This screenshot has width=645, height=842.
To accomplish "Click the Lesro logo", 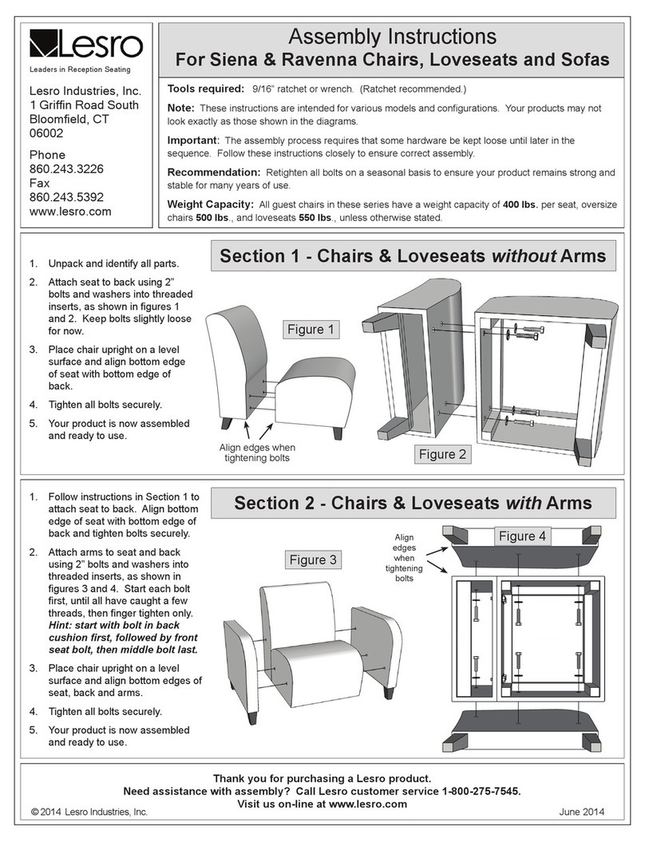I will (85, 45).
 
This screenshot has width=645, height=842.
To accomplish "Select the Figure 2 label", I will (443, 454).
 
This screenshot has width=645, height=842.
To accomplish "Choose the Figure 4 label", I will (522, 536).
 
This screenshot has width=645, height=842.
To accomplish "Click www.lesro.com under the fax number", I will (70, 211).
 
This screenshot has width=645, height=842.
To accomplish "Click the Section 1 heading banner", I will (413, 256).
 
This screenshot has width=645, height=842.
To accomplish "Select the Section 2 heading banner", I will (413, 503).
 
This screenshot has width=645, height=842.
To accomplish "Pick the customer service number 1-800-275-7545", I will (470, 791).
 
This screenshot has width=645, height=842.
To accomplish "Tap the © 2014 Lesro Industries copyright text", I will (89, 812).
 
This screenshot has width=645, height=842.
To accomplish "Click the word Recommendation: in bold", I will (213, 172).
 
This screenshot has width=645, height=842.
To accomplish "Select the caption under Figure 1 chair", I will (258, 453).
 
